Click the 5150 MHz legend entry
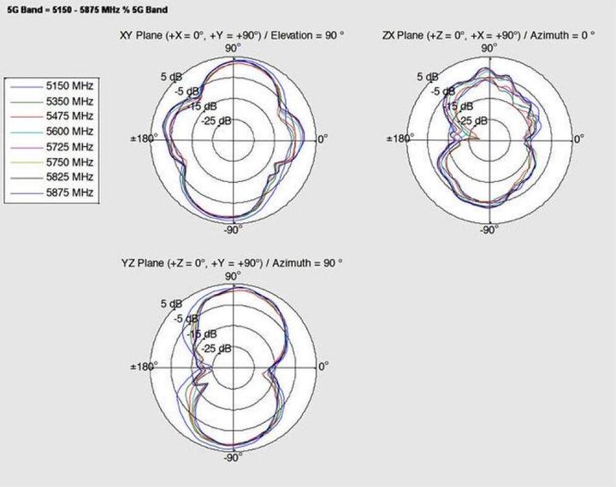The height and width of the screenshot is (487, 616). pyautogui.click(x=71, y=85)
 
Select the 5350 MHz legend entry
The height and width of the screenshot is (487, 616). pyautogui.click(x=71, y=100)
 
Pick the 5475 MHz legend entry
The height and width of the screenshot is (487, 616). pyautogui.click(x=71, y=115)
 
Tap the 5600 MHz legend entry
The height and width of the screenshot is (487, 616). pyautogui.click(x=71, y=131)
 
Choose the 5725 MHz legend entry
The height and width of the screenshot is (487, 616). pyautogui.click(x=71, y=146)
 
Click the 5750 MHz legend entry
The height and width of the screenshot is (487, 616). pyautogui.click(x=71, y=161)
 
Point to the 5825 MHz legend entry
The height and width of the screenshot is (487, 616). pyautogui.click(x=71, y=177)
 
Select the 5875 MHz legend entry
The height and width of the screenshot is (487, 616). pyautogui.click(x=71, y=192)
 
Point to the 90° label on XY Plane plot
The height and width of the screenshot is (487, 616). pyautogui.click(x=232, y=48)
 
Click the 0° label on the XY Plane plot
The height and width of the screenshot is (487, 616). pyautogui.click(x=323, y=138)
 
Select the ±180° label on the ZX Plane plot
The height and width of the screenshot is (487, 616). pyautogui.click(x=398, y=138)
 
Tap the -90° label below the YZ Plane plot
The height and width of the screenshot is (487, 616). pyautogui.click(x=232, y=459)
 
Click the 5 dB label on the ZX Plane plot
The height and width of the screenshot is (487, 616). pyautogui.click(x=427, y=77)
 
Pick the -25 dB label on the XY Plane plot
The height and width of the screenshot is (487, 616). pyautogui.click(x=216, y=120)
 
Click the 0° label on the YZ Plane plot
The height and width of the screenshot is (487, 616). pyautogui.click(x=323, y=367)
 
